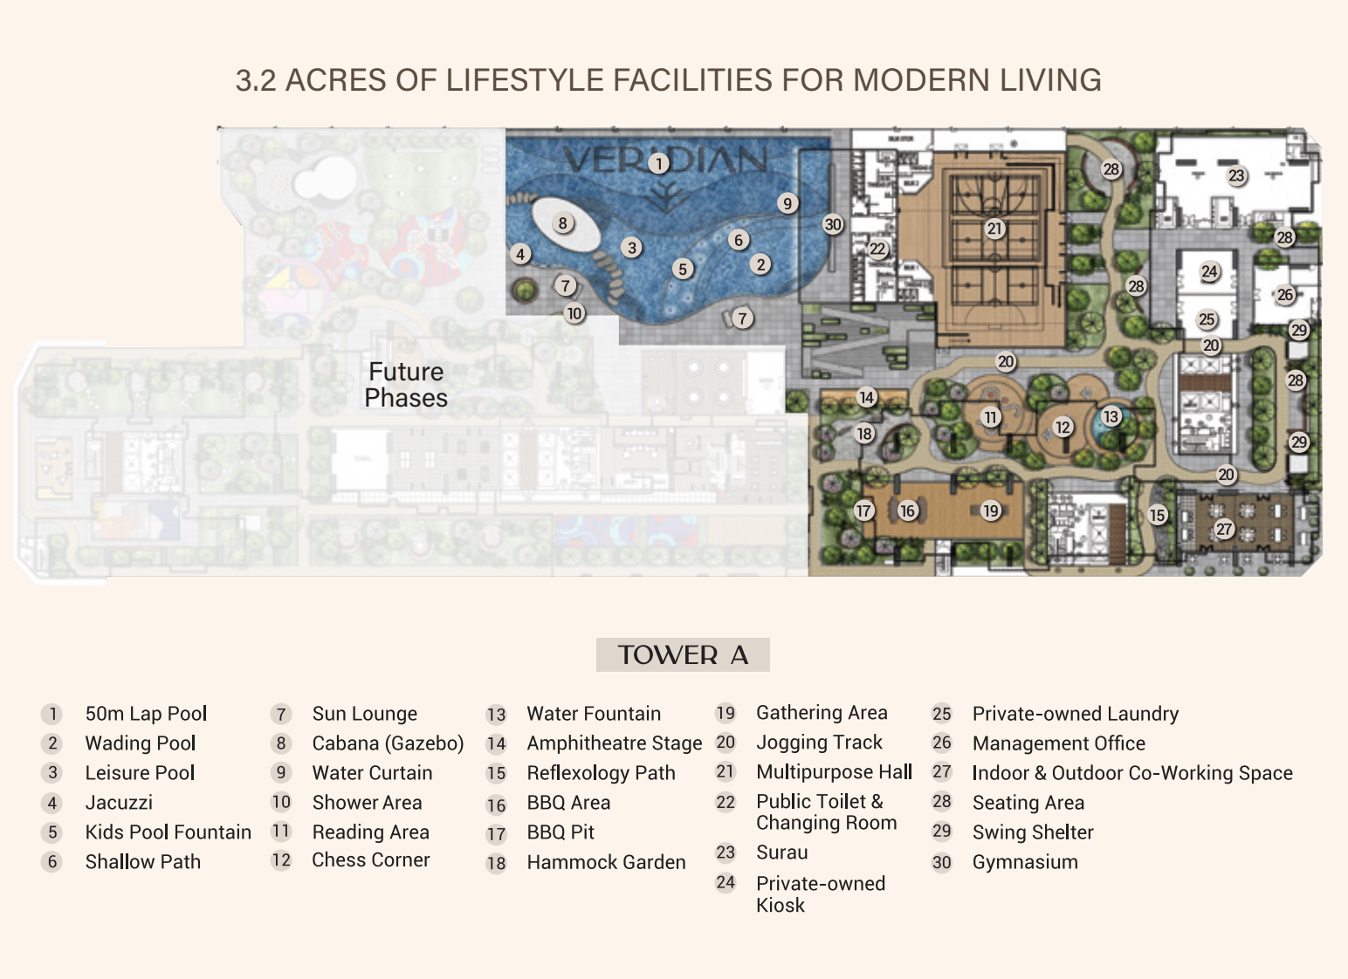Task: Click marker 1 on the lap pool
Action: point(659,163)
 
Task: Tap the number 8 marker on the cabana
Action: point(562,223)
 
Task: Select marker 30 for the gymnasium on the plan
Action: point(833,225)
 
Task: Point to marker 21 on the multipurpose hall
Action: point(994,229)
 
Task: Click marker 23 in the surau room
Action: point(1236,175)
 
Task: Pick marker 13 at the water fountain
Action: point(1111,416)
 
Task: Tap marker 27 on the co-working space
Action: point(1223,529)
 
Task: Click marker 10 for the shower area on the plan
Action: point(574,313)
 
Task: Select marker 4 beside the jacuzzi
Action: point(520,255)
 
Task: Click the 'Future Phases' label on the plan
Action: point(406,385)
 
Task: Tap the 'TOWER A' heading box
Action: point(683,655)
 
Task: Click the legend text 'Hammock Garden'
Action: point(606,862)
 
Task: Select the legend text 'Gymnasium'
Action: point(1025,862)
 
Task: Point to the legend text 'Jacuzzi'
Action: point(119,803)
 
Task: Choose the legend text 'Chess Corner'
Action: point(371,860)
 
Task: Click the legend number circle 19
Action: point(726,713)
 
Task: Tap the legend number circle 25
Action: point(942,714)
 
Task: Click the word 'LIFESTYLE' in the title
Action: point(524,80)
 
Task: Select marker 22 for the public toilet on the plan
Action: point(877,249)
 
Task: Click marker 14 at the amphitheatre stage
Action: point(867,398)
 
